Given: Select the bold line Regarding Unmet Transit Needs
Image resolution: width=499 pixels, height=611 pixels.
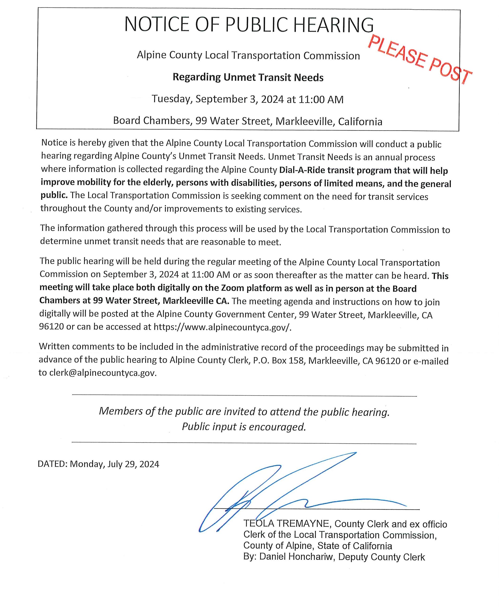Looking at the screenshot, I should tap(248, 77).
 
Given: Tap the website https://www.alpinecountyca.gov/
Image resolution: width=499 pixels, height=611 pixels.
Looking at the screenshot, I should tap(222, 327).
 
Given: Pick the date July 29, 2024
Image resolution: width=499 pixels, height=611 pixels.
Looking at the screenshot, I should tap(133, 464).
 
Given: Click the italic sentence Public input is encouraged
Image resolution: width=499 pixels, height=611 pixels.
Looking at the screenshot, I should tap(244, 427).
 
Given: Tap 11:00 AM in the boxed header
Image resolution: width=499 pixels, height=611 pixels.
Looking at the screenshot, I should tap(321, 100).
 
